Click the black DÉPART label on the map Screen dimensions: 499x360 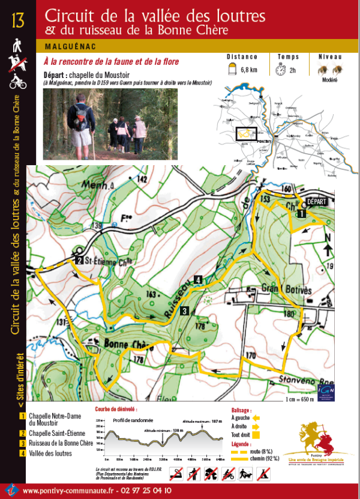317,202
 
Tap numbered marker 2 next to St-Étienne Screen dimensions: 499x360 79,260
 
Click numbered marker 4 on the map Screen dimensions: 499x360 197,278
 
